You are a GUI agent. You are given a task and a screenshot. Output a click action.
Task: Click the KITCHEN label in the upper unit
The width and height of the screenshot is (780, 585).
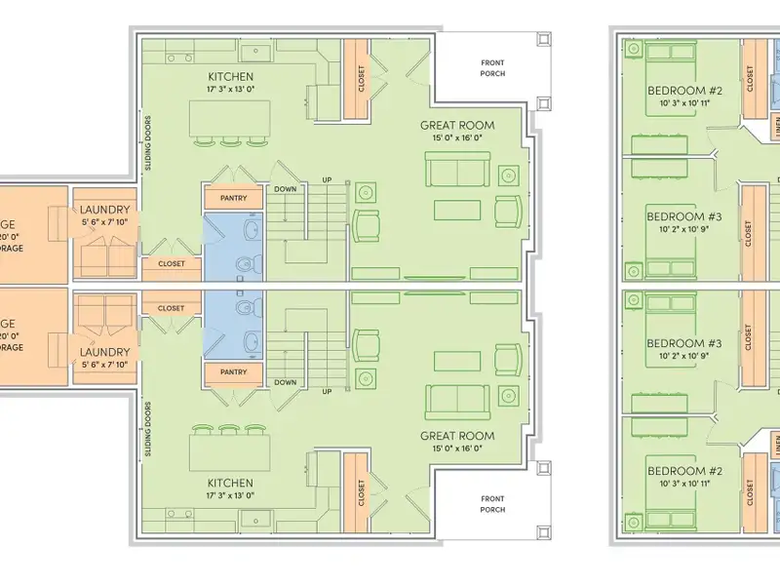[x=231, y=77]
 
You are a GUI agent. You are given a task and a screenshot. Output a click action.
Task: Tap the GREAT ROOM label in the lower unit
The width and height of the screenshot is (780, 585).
[x=457, y=436]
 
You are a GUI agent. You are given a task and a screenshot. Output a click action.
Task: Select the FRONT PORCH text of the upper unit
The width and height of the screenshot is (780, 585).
[x=493, y=68]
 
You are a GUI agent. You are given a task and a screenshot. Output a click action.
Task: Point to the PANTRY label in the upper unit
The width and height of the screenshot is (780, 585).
[x=233, y=198]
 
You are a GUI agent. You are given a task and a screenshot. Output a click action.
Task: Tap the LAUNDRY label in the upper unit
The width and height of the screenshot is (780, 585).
[x=105, y=208]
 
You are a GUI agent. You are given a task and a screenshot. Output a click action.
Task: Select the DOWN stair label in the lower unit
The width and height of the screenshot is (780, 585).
[x=286, y=382]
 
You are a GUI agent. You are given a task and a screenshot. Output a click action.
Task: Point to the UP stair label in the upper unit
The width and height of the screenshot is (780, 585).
[x=327, y=179]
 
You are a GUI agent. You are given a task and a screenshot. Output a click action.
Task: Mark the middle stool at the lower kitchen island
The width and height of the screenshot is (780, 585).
[x=229, y=428]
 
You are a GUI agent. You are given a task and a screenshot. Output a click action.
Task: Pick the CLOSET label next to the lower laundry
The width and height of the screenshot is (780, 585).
[x=171, y=308]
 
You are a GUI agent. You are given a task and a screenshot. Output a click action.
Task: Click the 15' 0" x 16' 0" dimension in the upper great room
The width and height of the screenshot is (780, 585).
[x=457, y=137]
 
